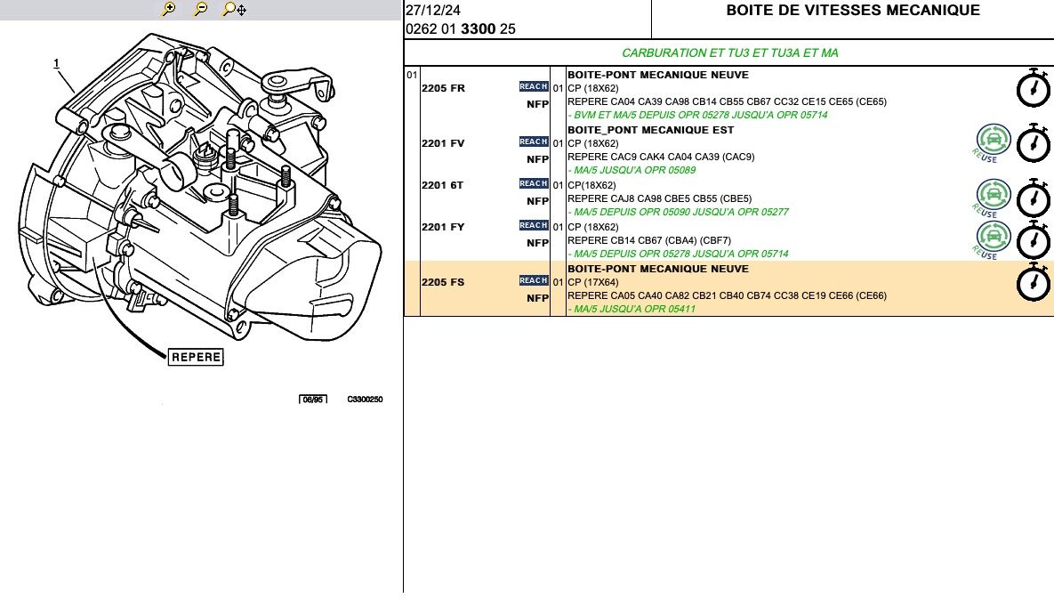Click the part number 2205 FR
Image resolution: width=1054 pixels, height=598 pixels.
coord(443,88)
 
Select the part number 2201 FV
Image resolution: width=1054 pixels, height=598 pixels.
coord(443,143)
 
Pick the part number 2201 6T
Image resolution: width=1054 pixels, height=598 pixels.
coord(442,185)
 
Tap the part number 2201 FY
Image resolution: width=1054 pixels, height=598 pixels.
coord(443,227)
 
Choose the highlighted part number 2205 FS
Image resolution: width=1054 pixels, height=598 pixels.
coord(443,282)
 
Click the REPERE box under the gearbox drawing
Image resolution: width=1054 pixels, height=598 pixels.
coord(196,357)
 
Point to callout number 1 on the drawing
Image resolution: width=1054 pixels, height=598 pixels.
coord(56,63)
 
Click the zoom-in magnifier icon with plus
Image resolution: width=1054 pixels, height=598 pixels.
coord(169,9)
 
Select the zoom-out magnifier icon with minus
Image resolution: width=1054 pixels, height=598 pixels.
coord(200,9)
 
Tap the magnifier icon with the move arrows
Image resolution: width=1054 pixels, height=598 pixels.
coord(234,9)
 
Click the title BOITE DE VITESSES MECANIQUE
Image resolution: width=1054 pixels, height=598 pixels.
coord(853,10)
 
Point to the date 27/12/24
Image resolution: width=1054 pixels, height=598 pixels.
coord(433,10)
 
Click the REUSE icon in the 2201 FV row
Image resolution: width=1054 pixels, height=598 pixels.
coord(992,142)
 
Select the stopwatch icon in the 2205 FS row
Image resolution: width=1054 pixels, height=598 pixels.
coord(1034,282)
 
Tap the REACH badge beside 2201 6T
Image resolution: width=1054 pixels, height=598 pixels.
coord(534,183)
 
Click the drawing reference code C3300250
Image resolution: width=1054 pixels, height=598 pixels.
coord(365,399)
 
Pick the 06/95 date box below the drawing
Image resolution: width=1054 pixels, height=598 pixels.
coord(313,400)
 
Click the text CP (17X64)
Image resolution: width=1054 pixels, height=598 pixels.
coord(593,282)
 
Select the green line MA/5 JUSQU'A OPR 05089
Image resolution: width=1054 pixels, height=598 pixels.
coord(632,170)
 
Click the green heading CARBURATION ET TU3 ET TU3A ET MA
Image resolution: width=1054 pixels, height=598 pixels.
coord(730,53)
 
